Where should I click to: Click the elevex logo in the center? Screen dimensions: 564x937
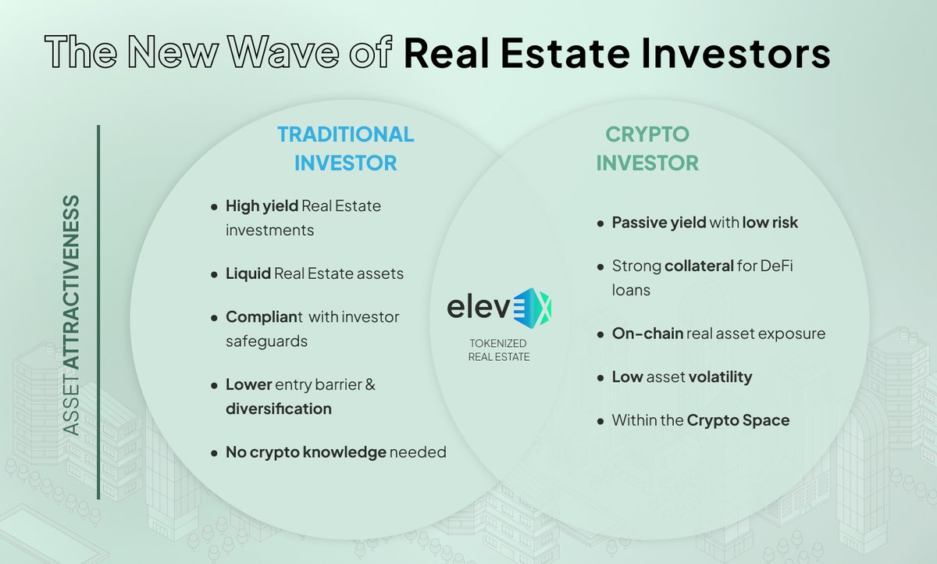coord(499,306)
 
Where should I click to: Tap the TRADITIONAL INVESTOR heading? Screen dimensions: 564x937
coord(345,148)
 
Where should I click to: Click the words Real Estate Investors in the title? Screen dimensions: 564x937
coord(617,55)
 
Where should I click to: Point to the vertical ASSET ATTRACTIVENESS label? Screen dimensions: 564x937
coord(72,316)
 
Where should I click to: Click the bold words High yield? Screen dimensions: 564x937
coord(262,206)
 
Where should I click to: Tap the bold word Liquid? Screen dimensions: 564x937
coord(248,274)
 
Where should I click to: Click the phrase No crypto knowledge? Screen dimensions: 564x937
coord(306,452)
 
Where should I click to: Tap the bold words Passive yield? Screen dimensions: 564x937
coord(658,223)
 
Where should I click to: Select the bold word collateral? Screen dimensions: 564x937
coord(700,266)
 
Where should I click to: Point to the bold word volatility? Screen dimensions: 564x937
coord(720,377)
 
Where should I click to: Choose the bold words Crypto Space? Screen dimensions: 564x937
coord(738,420)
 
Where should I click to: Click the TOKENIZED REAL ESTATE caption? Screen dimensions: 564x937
coord(498,350)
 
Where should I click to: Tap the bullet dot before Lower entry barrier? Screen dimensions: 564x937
coord(214,385)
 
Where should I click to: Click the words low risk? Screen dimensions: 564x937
coord(770,223)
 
